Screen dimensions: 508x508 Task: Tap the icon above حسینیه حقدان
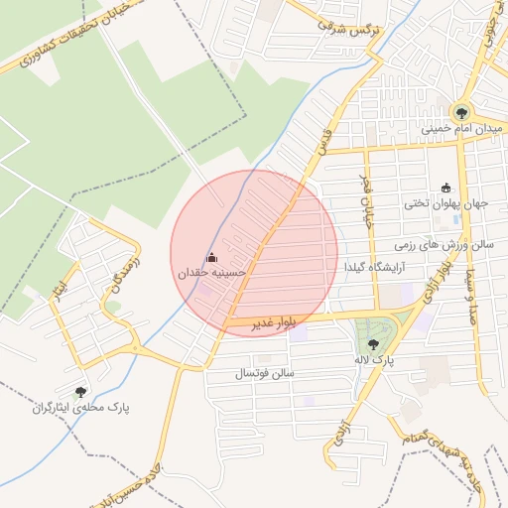tap(210, 257)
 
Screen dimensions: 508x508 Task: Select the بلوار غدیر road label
tap(261, 323)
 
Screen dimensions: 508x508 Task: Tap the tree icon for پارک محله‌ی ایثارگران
tap(81, 393)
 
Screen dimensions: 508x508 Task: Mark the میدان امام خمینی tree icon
tap(461, 113)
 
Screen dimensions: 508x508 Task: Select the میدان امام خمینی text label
tap(456, 129)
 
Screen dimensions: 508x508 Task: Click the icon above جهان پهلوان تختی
tap(444, 189)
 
